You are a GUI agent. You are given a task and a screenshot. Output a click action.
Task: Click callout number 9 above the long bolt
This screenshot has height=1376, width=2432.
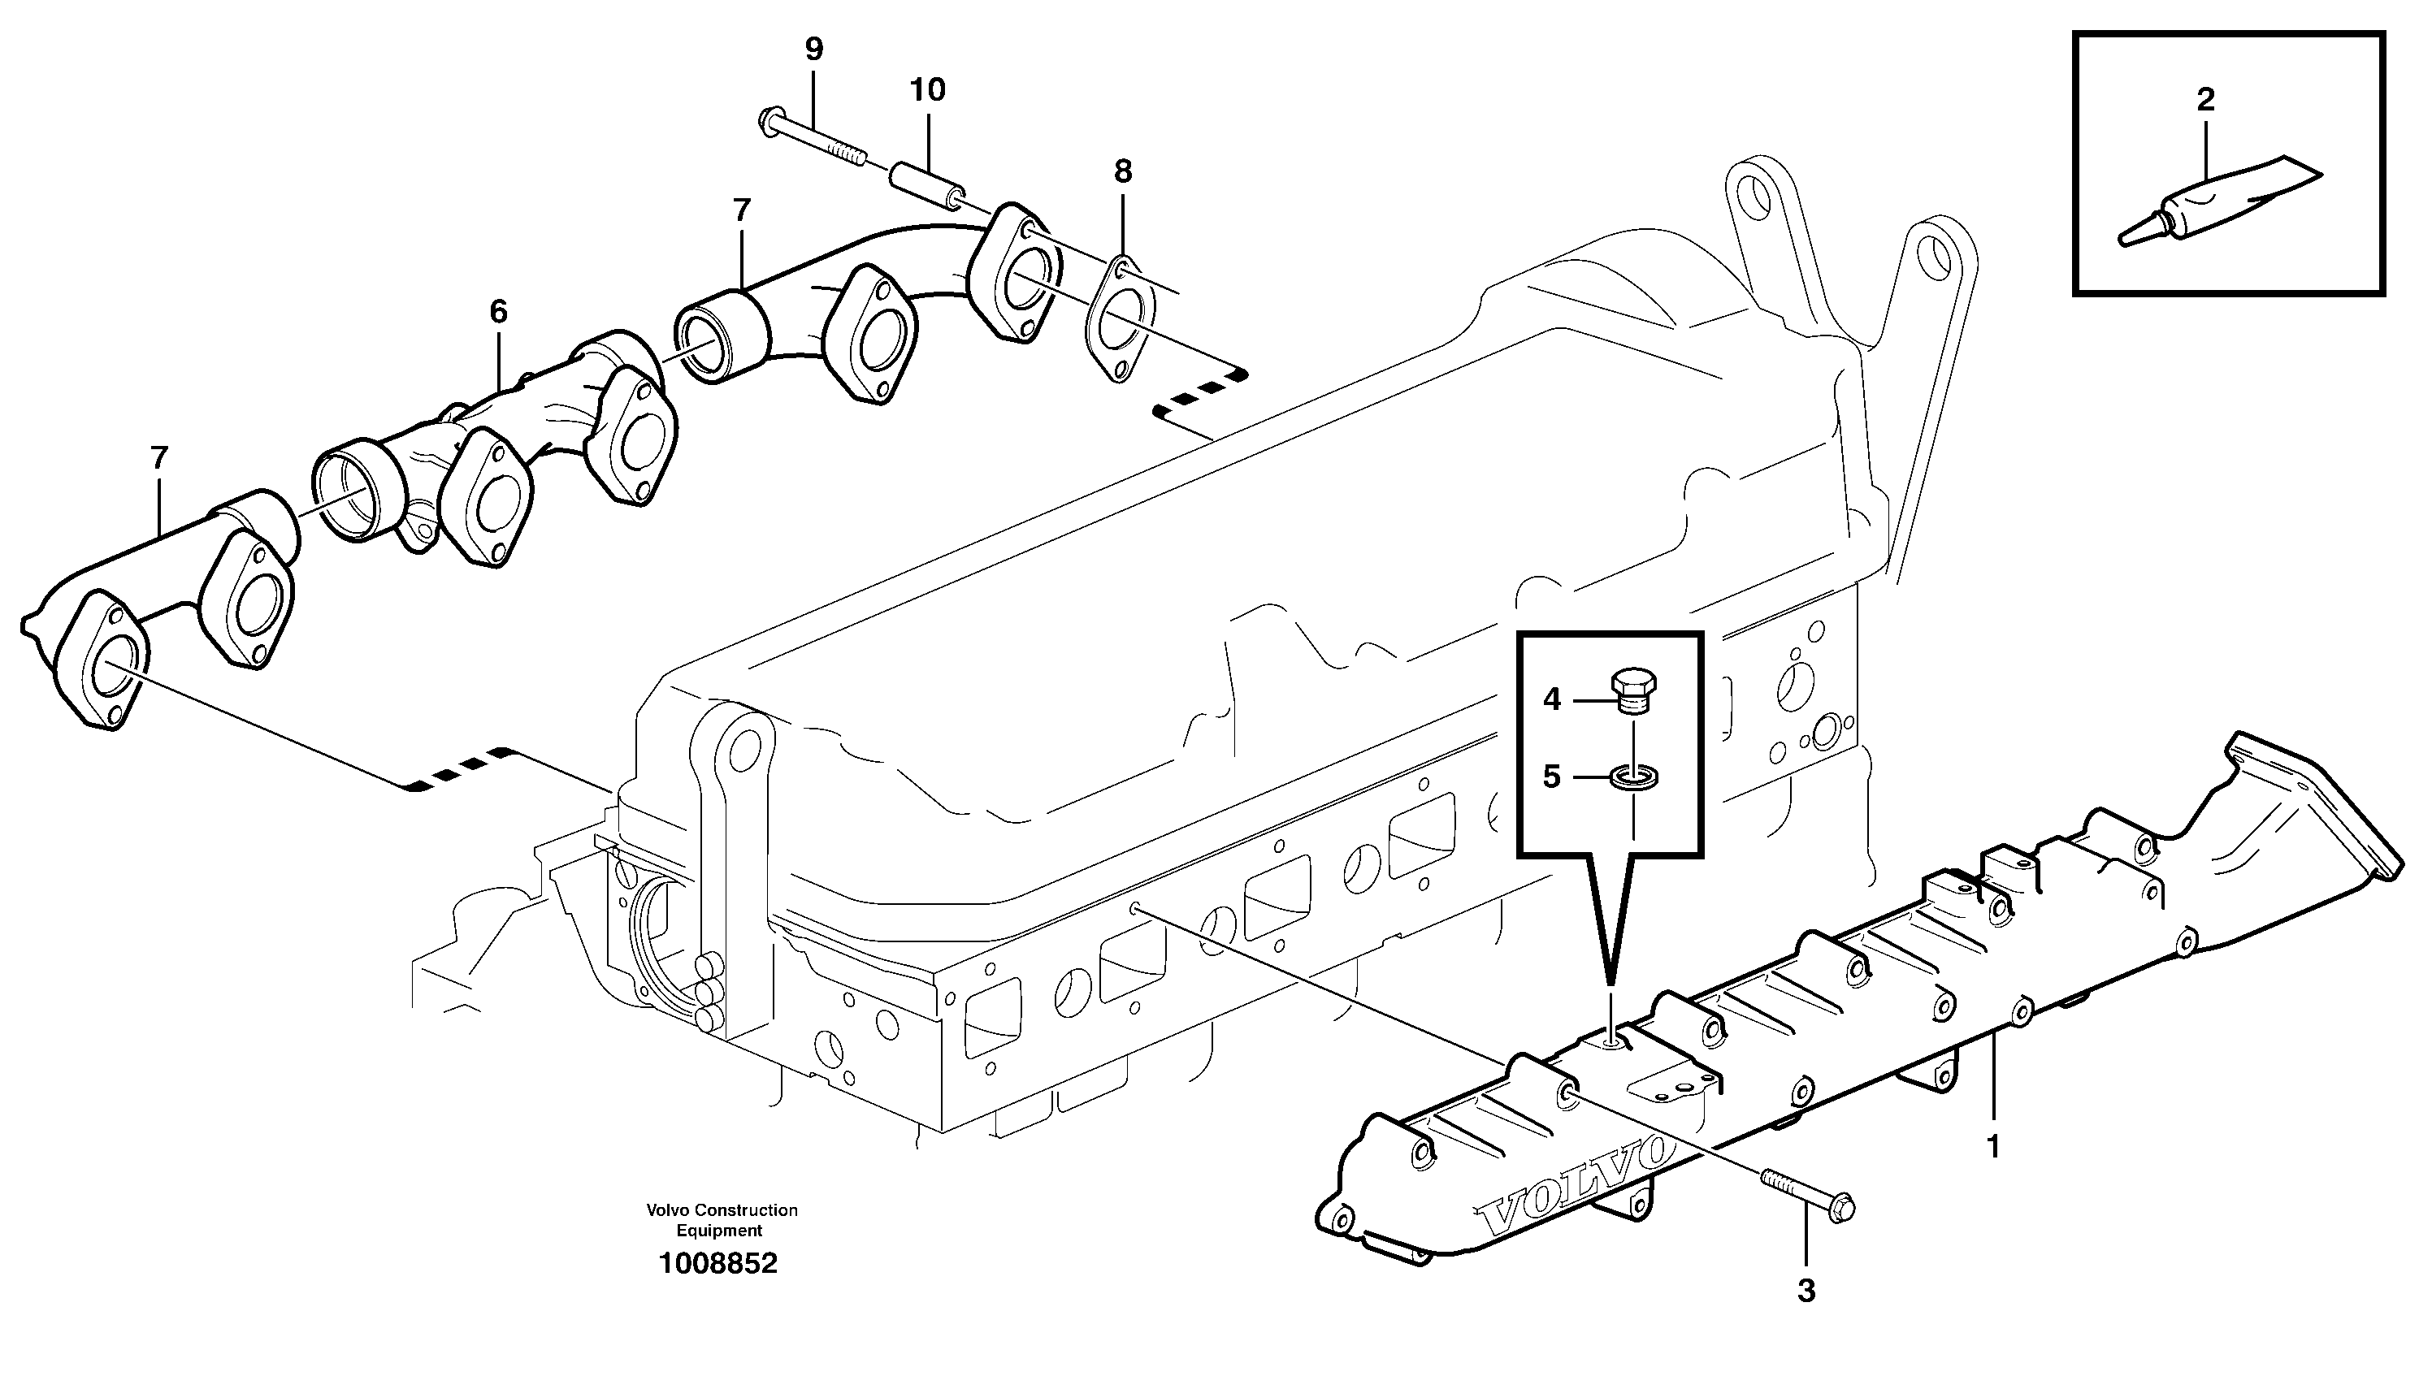click(x=814, y=49)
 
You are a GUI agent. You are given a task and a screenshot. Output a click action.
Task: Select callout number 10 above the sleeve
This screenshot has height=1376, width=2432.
click(x=927, y=91)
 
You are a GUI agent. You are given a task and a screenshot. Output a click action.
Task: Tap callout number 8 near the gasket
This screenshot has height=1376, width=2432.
click(x=1122, y=172)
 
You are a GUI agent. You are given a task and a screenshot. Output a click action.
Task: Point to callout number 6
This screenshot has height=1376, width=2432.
click(x=498, y=312)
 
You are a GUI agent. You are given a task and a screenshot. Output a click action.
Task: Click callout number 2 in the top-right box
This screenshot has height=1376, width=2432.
click(x=2205, y=99)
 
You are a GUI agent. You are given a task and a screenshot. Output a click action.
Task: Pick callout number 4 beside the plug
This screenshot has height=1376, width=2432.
click(x=1551, y=700)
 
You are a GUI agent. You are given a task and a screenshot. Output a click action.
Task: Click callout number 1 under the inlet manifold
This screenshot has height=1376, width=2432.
click(x=1992, y=1147)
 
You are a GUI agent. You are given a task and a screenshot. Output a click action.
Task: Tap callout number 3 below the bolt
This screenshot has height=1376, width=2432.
click(x=1806, y=1291)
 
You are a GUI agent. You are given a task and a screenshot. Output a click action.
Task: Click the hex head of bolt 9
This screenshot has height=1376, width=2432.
click(x=769, y=120)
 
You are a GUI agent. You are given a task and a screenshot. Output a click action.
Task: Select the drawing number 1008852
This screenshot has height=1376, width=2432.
click(x=718, y=1265)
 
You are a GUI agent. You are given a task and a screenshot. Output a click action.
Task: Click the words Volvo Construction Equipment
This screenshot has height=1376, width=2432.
click(x=722, y=1220)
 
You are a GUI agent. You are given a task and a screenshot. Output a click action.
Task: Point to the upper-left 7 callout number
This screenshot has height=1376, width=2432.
click(x=741, y=210)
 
